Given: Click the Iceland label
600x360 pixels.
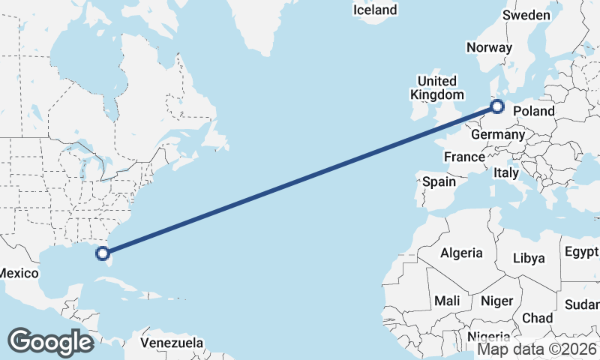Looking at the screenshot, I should click(375, 10).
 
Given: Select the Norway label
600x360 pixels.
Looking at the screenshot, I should click(489, 47).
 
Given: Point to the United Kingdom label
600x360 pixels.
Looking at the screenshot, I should click(437, 88).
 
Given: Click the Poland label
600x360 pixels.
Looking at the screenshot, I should click(534, 112).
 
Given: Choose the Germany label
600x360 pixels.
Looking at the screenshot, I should click(497, 134).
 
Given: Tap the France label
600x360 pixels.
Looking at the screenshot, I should click(463, 157).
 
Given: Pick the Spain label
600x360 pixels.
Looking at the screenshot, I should click(439, 181).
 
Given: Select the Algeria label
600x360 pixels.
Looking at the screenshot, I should click(461, 253).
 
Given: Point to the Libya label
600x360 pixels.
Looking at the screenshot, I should click(529, 258).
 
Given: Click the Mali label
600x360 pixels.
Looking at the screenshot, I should click(448, 301).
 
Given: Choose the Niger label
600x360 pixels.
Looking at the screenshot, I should click(496, 301).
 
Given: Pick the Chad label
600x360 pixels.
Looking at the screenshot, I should click(538, 318).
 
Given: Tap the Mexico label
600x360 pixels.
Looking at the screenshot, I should click(18, 273).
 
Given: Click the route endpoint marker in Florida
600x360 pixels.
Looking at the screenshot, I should click(103, 253).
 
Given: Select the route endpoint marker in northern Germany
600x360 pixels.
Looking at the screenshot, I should click(497, 107).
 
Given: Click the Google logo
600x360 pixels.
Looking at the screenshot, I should click(50, 341).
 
